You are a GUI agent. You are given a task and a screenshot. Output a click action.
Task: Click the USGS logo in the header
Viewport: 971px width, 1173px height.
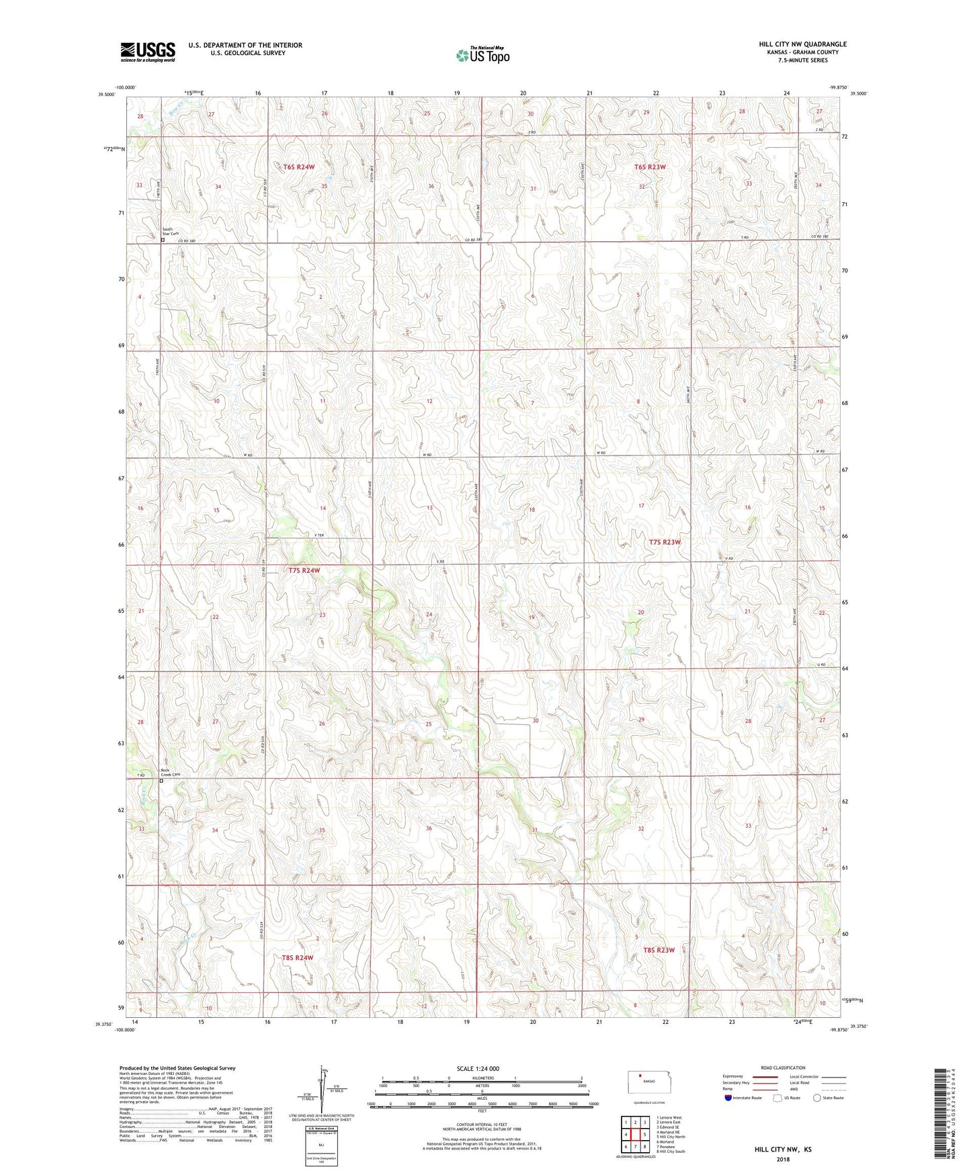coord(147,52)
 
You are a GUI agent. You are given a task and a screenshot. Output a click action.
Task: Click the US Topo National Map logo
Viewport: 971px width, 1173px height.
coord(482,54)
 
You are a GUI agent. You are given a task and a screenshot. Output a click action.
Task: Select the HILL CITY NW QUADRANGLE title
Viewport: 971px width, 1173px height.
coord(802,44)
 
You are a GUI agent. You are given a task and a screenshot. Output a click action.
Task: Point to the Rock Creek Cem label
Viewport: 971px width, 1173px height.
coord(170,773)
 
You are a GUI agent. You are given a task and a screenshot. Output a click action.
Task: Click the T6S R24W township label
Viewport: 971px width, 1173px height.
coord(294,167)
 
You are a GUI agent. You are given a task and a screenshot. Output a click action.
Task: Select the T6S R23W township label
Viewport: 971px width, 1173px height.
coord(649,167)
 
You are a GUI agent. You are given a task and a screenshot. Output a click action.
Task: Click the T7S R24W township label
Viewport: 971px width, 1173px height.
coord(304,570)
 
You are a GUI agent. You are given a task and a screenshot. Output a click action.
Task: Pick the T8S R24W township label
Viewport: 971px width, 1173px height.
coord(298,957)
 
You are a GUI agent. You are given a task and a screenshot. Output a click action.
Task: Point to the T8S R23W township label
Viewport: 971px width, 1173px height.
coord(658,950)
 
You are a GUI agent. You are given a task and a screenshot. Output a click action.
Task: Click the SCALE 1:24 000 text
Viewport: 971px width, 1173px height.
coord(477,1069)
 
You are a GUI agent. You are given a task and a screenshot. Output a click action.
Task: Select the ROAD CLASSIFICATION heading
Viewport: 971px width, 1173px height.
coord(783,1068)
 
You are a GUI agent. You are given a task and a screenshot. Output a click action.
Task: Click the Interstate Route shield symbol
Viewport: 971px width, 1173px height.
coord(728,1098)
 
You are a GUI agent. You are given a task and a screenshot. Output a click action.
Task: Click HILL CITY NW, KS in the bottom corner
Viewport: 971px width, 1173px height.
coord(782,1149)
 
